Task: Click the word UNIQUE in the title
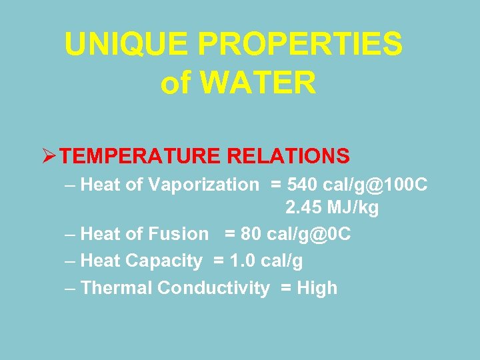[126, 45]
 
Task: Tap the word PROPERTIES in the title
[300, 45]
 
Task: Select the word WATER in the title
[257, 83]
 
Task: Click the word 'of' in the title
[176, 83]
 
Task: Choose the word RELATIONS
[289, 156]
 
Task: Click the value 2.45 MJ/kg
[332, 208]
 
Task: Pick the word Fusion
[178, 234]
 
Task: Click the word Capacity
[169, 261]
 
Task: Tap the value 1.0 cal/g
[266, 261]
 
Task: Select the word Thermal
[115, 288]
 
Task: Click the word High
[317, 288]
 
